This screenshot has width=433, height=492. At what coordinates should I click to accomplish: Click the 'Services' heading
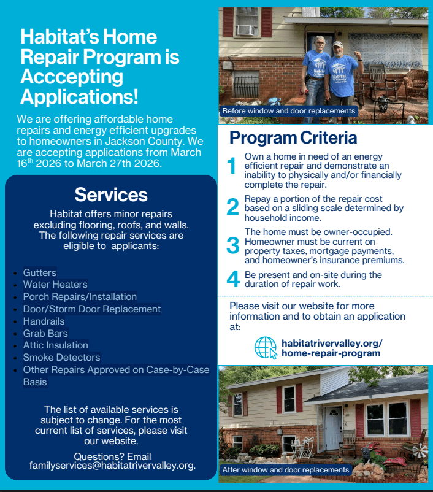(x=111, y=195)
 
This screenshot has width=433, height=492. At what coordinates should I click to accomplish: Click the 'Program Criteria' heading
(x=293, y=137)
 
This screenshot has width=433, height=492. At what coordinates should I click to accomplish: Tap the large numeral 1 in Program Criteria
(x=232, y=166)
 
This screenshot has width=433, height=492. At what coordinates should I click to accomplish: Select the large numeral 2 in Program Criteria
(x=232, y=207)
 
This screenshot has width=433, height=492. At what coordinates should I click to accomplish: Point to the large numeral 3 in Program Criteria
(x=232, y=245)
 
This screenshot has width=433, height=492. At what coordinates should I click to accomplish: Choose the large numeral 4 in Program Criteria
(x=232, y=279)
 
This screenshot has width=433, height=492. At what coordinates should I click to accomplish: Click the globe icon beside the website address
(x=266, y=347)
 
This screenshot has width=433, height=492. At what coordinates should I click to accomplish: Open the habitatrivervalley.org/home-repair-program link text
(x=332, y=348)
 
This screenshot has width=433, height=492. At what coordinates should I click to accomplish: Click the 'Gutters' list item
(x=40, y=272)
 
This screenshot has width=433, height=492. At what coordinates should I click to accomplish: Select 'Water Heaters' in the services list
(x=55, y=285)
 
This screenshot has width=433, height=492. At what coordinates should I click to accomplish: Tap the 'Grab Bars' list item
(x=45, y=333)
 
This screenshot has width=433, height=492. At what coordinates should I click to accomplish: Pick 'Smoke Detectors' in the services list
(x=61, y=357)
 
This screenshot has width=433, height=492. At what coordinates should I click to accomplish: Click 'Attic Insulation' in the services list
(x=56, y=345)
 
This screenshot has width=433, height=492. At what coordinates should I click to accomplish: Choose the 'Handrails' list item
(x=44, y=321)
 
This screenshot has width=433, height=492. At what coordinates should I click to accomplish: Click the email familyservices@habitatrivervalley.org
(x=112, y=466)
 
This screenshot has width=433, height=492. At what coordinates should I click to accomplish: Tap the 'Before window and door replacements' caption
(x=289, y=111)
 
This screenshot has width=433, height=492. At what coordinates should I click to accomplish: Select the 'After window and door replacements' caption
(x=286, y=470)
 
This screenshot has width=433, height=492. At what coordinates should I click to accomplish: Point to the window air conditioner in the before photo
(x=247, y=29)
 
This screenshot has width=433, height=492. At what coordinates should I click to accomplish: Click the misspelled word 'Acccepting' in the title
(x=72, y=77)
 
